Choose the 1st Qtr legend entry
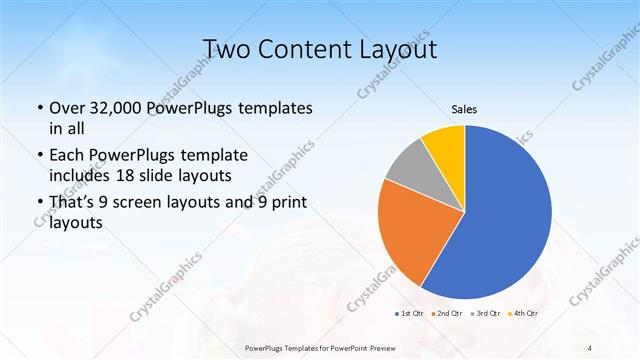409,314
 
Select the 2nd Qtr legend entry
446,314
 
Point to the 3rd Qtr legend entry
485,314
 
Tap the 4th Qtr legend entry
523,314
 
